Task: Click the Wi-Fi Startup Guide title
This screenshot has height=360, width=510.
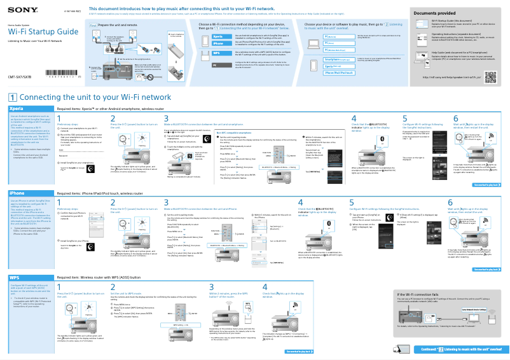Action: (43, 31)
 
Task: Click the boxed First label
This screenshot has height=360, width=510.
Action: (92, 25)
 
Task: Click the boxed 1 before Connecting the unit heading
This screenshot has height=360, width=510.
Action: (13, 97)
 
